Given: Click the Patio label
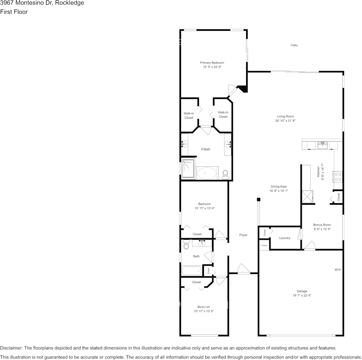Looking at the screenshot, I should (x=294, y=45).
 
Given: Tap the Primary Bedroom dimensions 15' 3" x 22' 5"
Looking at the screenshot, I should (x=212, y=67).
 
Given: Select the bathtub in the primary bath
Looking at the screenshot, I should (x=206, y=173).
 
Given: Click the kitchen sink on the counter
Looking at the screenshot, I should (x=322, y=145).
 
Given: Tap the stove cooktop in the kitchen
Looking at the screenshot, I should (x=338, y=176).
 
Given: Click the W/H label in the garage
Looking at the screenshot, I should (x=337, y=270).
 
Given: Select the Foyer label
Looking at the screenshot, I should (x=243, y=235).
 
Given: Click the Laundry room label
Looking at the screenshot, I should (x=284, y=238).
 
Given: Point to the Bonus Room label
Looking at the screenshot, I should (x=322, y=225).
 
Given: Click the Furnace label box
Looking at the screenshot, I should (x=264, y=246).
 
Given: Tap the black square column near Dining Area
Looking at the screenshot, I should (x=258, y=199).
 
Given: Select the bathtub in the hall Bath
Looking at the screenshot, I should (x=192, y=271).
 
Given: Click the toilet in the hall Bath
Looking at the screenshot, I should (x=186, y=244).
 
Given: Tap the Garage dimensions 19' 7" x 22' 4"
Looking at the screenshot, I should (x=302, y=295).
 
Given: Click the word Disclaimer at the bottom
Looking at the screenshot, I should (x=11, y=348).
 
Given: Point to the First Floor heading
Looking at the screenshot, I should (x=14, y=12).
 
